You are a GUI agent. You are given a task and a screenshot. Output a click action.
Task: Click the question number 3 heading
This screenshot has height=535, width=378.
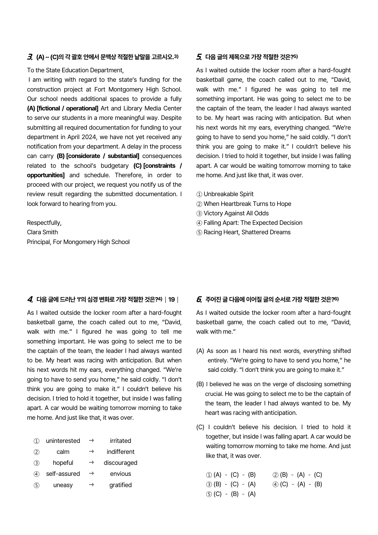click(30, 57)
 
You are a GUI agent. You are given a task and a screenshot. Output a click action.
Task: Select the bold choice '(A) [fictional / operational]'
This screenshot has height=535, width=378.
click(62, 108)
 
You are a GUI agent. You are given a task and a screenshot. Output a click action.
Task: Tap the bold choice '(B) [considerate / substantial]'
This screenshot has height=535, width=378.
click(98, 156)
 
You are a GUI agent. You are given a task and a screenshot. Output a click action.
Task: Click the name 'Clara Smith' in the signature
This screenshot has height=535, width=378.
click(42, 232)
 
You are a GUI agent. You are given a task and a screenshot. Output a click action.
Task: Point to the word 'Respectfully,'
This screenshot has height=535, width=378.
click(44, 223)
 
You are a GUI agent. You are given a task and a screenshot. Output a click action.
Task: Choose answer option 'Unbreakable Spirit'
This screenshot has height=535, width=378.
click(228, 194)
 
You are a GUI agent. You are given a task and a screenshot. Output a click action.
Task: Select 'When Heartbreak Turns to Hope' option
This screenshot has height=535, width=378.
click(247, 204)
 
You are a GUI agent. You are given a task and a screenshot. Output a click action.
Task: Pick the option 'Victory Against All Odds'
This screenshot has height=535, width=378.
click(236, 213)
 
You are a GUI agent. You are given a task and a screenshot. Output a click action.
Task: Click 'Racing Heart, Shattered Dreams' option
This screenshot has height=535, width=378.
click(247, 232)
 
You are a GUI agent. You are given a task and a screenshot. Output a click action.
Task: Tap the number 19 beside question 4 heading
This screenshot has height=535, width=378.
click(172, 300)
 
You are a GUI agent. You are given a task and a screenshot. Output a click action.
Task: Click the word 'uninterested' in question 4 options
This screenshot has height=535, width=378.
click(63, 441)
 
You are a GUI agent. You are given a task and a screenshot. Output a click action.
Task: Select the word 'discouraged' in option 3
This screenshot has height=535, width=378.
click(120, 463)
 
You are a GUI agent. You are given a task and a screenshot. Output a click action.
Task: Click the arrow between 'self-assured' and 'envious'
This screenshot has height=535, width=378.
click(91, 473)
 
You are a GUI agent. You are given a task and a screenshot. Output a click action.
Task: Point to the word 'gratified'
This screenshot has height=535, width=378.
click(120, 485)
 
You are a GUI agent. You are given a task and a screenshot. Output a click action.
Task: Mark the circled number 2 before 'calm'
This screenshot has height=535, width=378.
click(37, 452)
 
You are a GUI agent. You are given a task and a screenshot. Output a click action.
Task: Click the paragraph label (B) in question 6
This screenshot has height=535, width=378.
click(200, 384)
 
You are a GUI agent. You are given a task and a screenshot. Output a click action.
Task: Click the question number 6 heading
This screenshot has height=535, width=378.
click(199, 300)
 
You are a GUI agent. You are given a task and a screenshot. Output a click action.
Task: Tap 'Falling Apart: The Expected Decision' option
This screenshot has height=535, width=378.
click(253, 223)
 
